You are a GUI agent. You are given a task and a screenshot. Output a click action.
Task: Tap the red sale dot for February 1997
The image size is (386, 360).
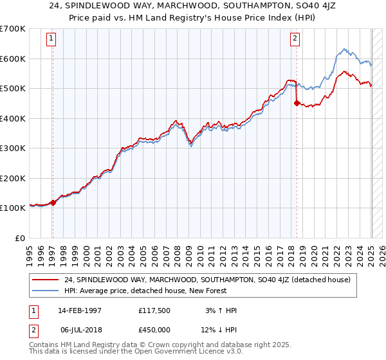[x=53, y=203]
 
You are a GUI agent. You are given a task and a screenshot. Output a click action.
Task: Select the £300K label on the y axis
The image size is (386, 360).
[x=13, y=148]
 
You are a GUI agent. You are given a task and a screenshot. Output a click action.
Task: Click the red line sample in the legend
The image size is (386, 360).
[x=45, y=280]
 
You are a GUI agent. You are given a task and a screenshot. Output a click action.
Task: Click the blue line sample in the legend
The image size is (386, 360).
[x=45, y=291]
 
